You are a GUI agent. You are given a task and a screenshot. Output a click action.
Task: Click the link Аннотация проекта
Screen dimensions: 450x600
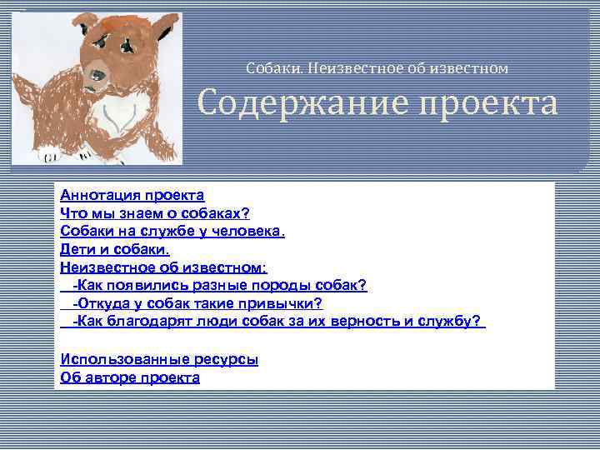click(x=132, y=195)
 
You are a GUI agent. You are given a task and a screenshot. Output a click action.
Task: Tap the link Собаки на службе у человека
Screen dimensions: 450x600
click(x=172, y=231)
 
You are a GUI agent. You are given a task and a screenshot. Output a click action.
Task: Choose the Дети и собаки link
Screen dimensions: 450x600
click(x=114, y=249)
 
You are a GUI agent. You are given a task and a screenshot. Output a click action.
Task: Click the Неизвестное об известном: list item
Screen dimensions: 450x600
click(x=163, y=267)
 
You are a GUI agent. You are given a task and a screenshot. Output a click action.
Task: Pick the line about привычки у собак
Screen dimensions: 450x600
click(x=197, y=303)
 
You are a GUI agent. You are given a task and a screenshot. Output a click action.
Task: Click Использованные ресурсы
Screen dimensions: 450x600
click(x=159, y=359)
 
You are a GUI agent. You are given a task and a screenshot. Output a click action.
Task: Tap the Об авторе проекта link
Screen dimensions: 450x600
click(x=130, y=377)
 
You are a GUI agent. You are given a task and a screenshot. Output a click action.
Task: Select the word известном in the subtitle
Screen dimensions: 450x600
click(x=467, y=67)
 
